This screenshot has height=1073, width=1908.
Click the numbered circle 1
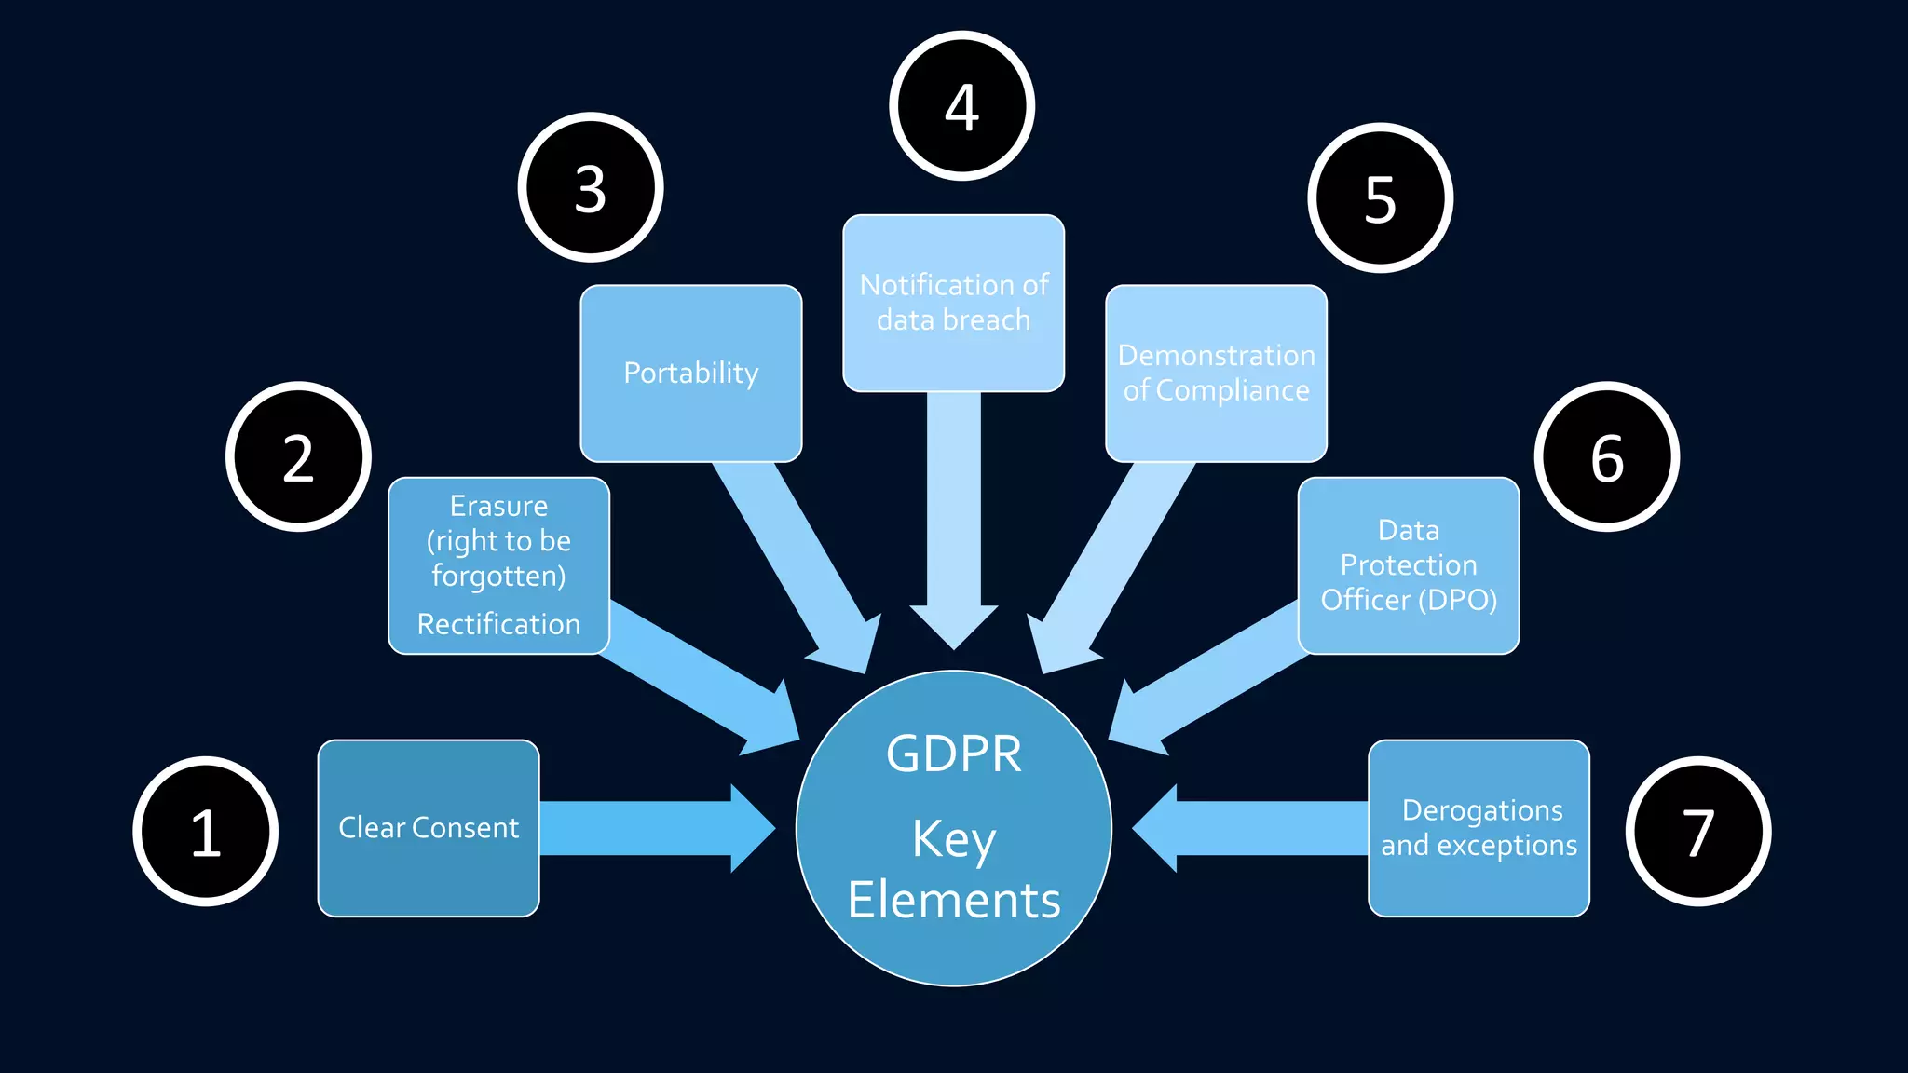[x=206, y=831]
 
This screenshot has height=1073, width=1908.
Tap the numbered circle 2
[x=298, y=456]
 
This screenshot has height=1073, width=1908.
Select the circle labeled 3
[x=591, y=187]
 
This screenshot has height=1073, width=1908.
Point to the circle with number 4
[x=961, y=105]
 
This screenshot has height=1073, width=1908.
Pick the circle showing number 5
[x=1380, y=197]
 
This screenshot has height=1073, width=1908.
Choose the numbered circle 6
[x=1607, y=456]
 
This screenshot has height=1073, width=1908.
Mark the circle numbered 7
[x=1698, y=831]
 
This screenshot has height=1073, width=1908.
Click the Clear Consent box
[x=429, y=828]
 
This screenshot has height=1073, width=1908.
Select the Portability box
[x=690, y=373]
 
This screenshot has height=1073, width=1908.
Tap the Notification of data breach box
[x=953, y=303]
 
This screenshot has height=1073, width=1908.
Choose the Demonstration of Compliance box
[x=1216, y=373]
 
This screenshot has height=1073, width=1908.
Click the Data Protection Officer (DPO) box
[x=1408, y=565]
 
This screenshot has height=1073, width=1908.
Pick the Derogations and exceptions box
[x=1479, y=828]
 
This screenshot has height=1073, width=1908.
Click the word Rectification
[x=498, y=624]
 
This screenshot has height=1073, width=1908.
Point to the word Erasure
[x=498, y=506]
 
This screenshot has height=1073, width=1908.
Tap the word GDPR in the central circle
[x=953, y=754]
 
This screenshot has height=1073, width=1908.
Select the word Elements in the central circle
[x=953, y=900]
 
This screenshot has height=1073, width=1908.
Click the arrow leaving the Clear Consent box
[x=652, y=828]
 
